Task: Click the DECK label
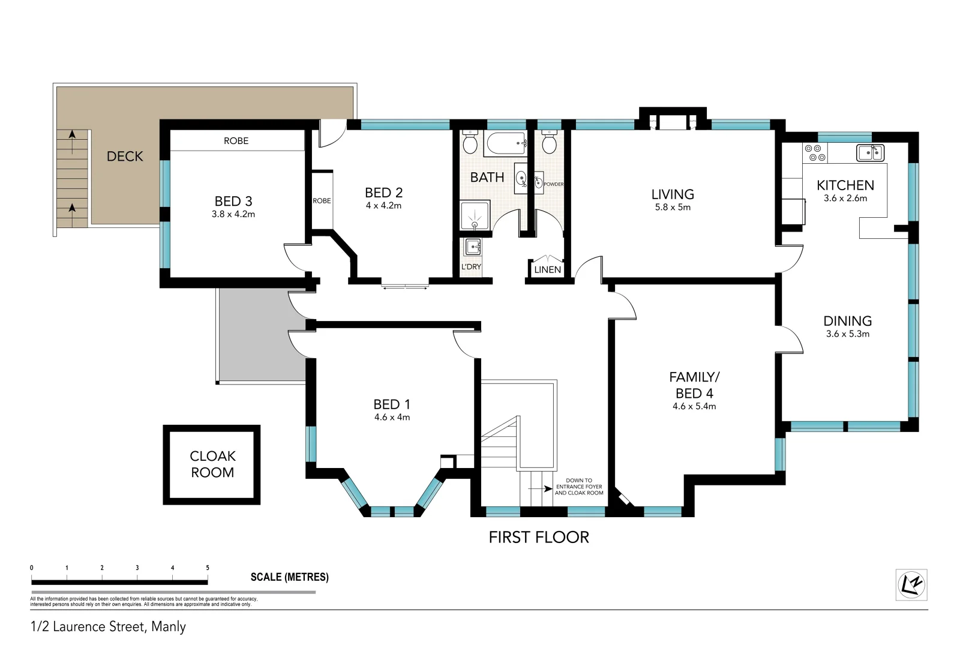pyautogui.click(x=125, y=156)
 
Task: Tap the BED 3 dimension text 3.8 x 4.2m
pyautogui.click(x=233, y=214)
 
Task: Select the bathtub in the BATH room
pyautogui.click(x=505, y=143)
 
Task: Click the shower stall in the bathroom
pyautogui.click(x=475, y=215)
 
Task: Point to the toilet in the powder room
pyautogui.click(x=549, y=143)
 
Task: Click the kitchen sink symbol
pyautogui.click(x=870, y=152)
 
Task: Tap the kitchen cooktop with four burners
pyautogui.click(x=814, y=152)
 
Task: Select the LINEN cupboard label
pyautogui.click(x=547, y=270)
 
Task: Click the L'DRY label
pyautogui.click(x=471, y=267)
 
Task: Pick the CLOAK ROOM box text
pyautogui.click(x=212, y=464)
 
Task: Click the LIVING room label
pyautogui.click(x=673, y=194)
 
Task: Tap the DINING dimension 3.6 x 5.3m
pyautogui.click(x=847, y=334)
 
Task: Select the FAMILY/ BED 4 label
pyautogui.click(x=694, y=385)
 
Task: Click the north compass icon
pyautogui.click(x=911, y=584)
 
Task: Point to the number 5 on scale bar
pyautogui.click(x=208, y=568)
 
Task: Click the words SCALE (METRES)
pyautogui.click(x=289, y=577)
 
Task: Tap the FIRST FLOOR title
pyautogui.click(x=539, y=538)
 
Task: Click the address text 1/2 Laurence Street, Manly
pyautogui.click(x=108, y=627)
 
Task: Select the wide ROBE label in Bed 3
pyautogui.click(x=236, y=141)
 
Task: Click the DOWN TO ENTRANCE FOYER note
pyautogui.click(x=578, y=487)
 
